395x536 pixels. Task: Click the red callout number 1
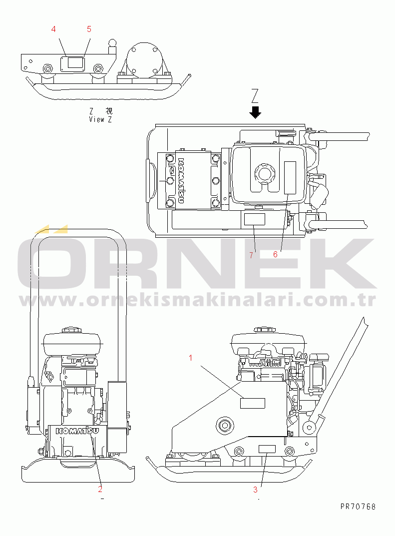tap(191, 358)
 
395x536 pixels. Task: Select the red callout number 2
tap(100, 489)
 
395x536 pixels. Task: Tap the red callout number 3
tap(255, 490)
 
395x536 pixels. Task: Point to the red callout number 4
tap(53, 29)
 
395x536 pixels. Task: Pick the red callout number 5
tap(89, 29)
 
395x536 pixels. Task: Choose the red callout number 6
tap(276, 254)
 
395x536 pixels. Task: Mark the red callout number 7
tap(251, 255)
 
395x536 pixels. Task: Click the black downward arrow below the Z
tap(255, 112)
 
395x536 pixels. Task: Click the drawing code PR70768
tap(358, 507)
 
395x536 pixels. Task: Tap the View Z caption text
tap(100, 120)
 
